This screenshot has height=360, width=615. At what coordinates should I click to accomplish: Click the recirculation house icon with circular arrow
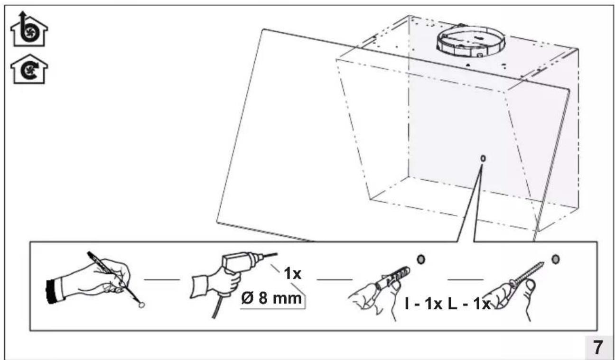pyautogui.click(x=29, y=69)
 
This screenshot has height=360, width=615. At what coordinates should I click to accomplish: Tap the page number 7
pyautogui.click(x=598, y=348)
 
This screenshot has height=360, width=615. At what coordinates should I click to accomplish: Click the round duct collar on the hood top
pyautogui.click(x=471, y=41)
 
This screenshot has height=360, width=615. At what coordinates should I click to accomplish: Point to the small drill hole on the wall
pyautogui.click(x=483, y=158)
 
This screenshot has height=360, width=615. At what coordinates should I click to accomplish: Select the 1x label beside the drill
pyautogui.click(x=292, y=273)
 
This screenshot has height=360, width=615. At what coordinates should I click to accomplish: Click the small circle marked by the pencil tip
pyautogui.click(x=141, y=305)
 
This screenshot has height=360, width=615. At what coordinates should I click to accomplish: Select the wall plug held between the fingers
pyautogui.click(x=393, y=277)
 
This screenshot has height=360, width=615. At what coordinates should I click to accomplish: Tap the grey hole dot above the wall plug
pyautogui.click(x=421, y=259)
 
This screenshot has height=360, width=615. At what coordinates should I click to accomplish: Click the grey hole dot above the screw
pyautogui.click(x=555, y=259)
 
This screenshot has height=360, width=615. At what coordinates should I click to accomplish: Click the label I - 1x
pyautogui.click(x=424, y=304)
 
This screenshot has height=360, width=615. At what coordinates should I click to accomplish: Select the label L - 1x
pyautogui.click(x=469, y=304)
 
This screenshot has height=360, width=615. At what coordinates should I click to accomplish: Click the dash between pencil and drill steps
pyautogui.click(x=162, y=279)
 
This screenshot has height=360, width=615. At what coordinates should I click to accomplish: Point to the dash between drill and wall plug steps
pyautogui.click(x=334, y=279)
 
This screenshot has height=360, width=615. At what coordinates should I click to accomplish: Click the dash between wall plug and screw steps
pyautogui.click(x=466, y=279)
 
